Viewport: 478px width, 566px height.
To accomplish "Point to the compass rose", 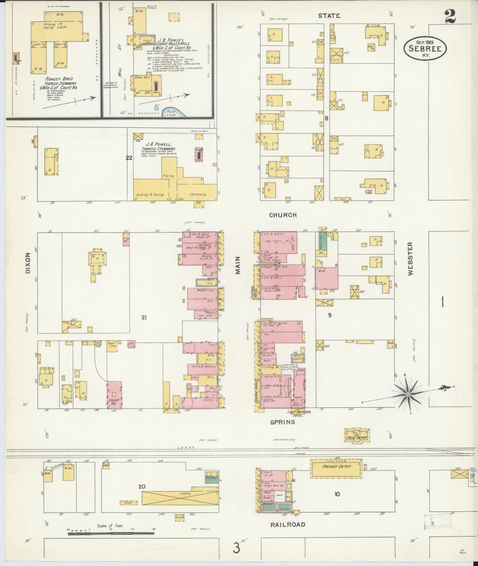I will click(408, 395).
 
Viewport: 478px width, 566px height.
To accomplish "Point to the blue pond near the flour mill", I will click(173, 112).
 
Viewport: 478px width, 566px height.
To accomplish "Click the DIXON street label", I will click(28, 263).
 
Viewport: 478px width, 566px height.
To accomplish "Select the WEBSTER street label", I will click(410, 259).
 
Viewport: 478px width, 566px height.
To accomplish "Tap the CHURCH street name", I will click(283, 215).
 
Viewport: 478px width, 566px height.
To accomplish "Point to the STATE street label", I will click(329, 16).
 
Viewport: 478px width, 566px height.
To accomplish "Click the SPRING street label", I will click(282, 422).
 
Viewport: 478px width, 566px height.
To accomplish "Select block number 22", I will click(129, 158).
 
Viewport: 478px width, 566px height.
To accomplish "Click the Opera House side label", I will click(257, 389).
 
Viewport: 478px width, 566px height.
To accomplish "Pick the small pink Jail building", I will click(130, 344).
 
